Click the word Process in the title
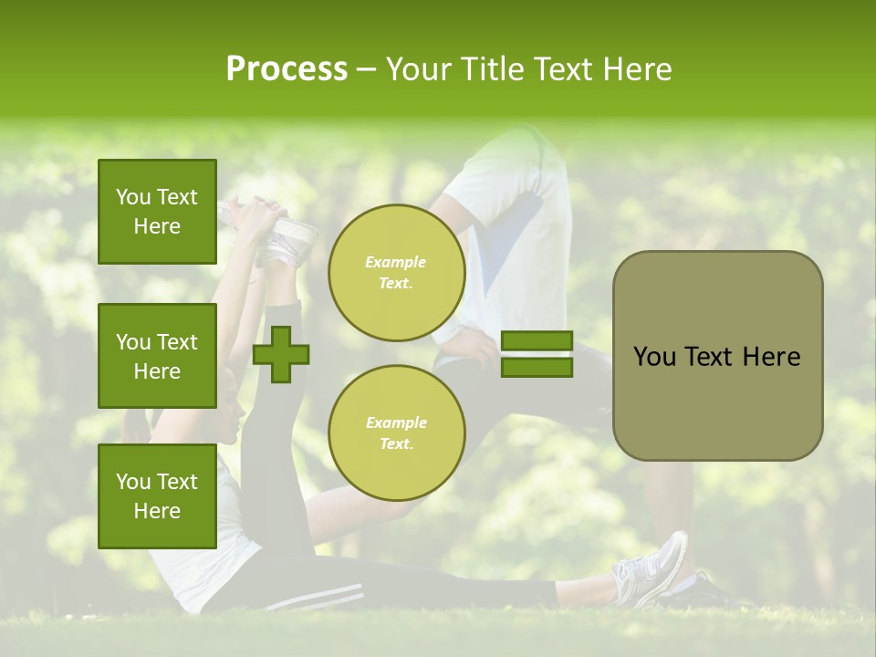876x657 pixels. (x=287, y=69)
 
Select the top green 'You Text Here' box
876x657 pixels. (x=157, y=212)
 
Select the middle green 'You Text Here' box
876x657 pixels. (x=157, y=356)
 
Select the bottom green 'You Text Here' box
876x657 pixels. (x=157, y=496)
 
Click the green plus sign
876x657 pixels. (x=281, y=354)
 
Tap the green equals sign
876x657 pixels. (x=537, y=354)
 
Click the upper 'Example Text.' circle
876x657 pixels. (x=396, y=273)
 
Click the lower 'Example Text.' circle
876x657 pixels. (x=396, y=433)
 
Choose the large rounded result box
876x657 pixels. (x=717, y=356)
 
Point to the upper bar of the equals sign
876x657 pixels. (x=537, y=341)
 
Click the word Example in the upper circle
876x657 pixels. (x=396, y=262)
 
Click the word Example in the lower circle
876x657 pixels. (x=396, y=422)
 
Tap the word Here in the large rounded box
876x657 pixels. (x=771, y=357)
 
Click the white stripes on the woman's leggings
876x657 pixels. (x=315, y=599)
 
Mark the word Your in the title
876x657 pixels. (x=419, y=69)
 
